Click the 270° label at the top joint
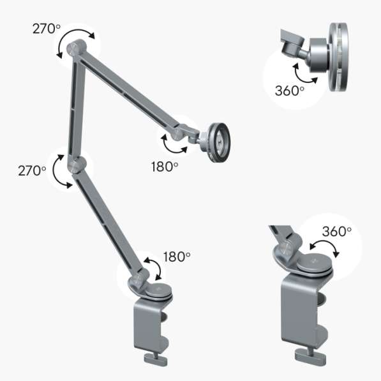pos(46,29)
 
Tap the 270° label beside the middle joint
pos(32,170)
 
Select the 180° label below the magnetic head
pos(165,167)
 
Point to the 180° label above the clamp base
pos(177,257)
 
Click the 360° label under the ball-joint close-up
pos(289,91)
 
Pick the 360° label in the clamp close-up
pos(337,231)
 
